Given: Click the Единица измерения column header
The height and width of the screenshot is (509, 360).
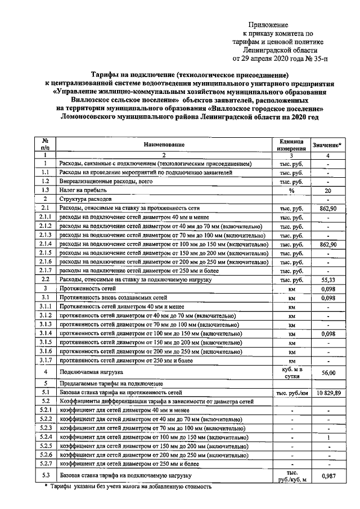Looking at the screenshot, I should [290, 145].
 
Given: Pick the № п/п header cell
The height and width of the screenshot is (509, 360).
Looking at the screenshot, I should [44, 145].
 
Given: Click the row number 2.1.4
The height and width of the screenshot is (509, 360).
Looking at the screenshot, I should [44, 245].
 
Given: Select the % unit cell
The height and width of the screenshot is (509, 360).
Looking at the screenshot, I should [291, 191].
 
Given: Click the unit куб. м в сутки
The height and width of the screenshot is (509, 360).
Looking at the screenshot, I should [291, 372].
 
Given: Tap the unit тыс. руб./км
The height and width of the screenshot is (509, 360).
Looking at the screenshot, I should [291, 393].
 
